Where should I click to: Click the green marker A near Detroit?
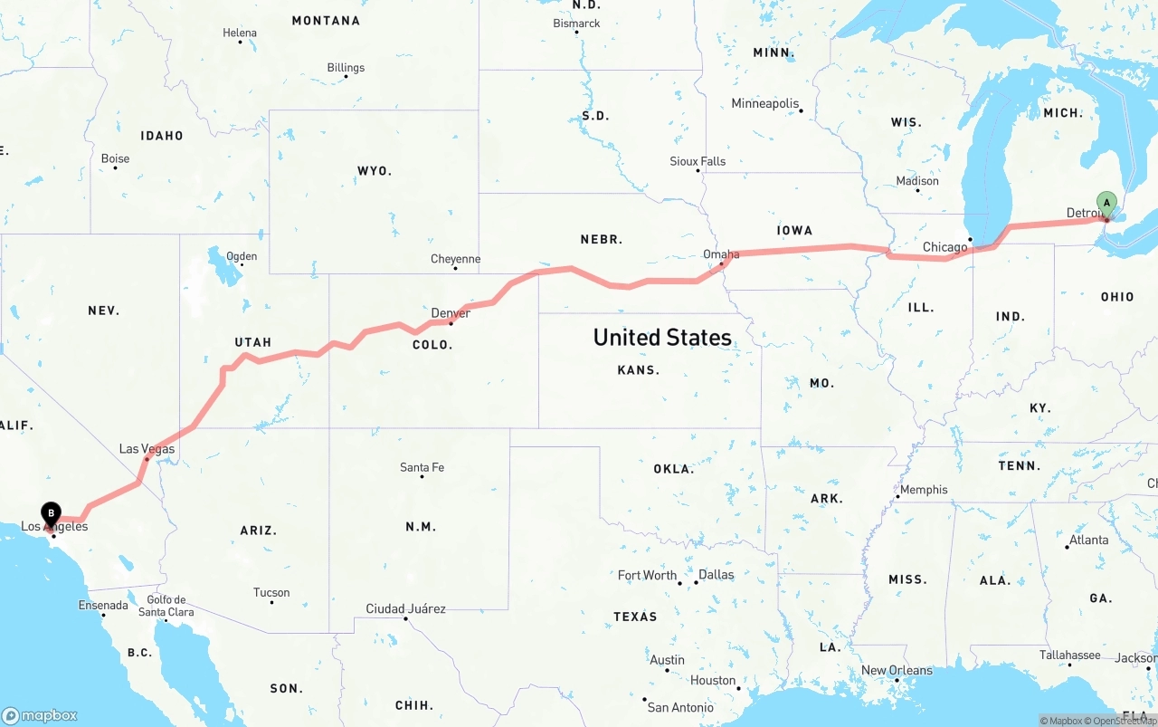click(x=1106, y=203)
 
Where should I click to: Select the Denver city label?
click(x=451, y=313)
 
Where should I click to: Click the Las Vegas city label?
click(x=147, y=449)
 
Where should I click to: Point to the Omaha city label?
click(x=721, y=254)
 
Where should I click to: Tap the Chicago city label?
click(x=944, y=247)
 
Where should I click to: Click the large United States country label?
click(x=662, y=338)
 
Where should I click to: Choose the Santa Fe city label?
click(x=422, y=467)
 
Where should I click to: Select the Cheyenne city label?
click(x=455, y=259)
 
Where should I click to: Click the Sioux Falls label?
click(x=698, y=161)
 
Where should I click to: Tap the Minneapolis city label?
click(x=765, y=103)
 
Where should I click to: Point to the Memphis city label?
click(x=924, y=490)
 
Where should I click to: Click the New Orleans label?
click(x=897, y=670)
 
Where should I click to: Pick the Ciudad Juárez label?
click(x=405, y=608)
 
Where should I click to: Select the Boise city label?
click(x=115, y=158)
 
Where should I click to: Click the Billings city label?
click(x=346, y=68)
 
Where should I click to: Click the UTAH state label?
click(x=253, y=342)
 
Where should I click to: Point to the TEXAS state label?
click(x=635, y=617)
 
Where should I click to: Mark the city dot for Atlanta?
click(x=1068, y=547)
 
